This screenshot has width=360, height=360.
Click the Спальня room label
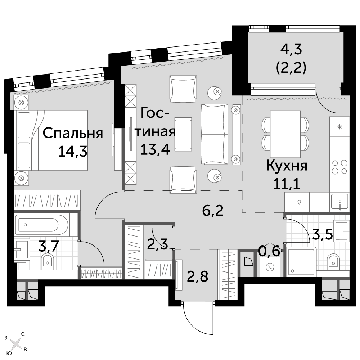[73, 134]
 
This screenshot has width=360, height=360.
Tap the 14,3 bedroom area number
[73, 151]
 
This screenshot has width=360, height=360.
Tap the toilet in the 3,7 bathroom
[48, 262]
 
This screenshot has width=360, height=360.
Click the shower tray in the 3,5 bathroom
[301, 262]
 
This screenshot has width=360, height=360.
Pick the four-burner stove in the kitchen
[339, 167]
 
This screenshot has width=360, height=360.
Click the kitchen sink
[339, 202]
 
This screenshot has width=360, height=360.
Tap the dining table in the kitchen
[285, 134]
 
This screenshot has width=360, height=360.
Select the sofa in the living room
[215, 134]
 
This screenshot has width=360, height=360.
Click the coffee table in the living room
[183, 134]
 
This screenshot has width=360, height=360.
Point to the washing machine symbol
[270, 267]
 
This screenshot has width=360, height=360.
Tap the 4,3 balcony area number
[291, 50]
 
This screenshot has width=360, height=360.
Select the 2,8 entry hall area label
[198, 276]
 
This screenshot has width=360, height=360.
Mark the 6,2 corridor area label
[213, 211]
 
